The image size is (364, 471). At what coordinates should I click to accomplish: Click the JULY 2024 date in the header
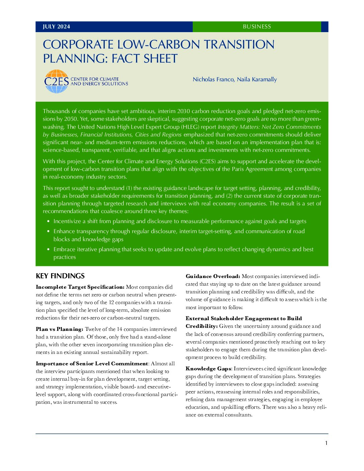(56, 27)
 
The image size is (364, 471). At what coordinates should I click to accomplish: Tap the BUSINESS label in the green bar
(257, 27)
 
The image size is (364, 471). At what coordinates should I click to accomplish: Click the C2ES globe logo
(56, 81)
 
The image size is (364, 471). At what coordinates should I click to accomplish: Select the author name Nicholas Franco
(213, 80)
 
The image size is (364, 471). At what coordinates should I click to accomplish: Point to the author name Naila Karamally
(257, 80)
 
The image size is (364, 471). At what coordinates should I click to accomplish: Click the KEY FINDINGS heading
(60, 276)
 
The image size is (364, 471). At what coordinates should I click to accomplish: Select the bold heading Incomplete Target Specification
(80, 287)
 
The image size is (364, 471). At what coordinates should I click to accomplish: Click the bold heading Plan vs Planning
(60, 329)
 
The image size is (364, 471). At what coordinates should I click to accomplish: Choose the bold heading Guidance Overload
(213, 276)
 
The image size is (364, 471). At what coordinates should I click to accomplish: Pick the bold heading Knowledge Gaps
(208, 369)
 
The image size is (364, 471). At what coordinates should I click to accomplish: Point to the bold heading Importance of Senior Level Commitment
(92, 364)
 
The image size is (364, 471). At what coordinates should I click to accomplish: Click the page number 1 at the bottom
(326, 443)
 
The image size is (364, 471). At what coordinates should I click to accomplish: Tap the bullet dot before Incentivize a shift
(49, 221)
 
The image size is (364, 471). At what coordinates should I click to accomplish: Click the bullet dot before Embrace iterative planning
(49, 250)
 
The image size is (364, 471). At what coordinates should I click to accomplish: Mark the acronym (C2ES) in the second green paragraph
(207, 162)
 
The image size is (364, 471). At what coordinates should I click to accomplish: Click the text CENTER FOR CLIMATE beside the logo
(95, 79)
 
